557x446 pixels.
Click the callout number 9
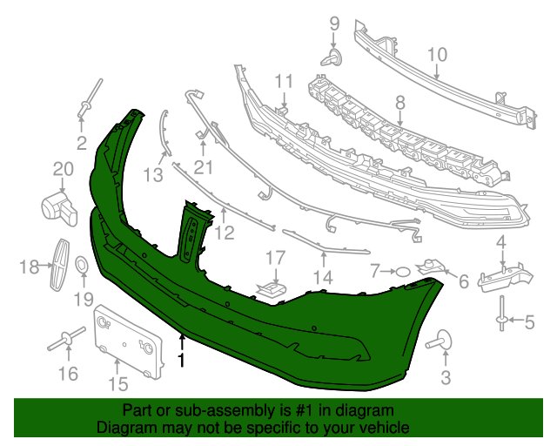(x=334, y=24)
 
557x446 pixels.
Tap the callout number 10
(x=437, y=55)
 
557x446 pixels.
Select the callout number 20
(x=64, y=169)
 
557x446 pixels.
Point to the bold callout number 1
(x=182, y=360)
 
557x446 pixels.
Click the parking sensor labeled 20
(x=60, y=209)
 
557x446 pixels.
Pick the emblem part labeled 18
(x=60, y=264)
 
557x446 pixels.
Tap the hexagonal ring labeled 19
(x=81, y=266)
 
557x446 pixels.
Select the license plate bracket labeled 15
(x=129, y=341)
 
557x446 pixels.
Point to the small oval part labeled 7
(x=402, y=272)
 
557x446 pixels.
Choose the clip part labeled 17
(x=272, y=287)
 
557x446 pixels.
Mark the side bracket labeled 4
(x=505, y=277)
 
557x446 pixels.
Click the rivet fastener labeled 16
(x=66, y=340)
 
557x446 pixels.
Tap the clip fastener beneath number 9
(x=332, y=58)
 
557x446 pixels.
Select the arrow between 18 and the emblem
(x=46, y=265)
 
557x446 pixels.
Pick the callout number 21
(x=204, y=167)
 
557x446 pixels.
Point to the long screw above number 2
(x=91, y=97)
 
